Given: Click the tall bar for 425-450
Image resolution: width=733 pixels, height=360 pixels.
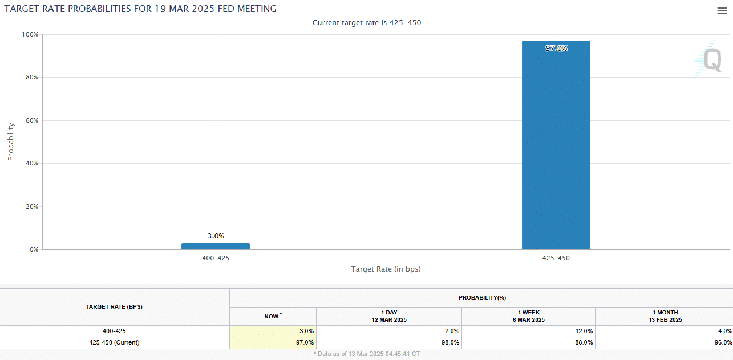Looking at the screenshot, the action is point(556,145).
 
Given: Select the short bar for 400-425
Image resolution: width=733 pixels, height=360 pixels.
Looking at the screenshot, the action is point(216,246).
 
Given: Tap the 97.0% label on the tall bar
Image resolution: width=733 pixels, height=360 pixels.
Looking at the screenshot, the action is point(556,48).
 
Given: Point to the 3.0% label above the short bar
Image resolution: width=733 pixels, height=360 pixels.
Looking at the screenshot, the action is point(216,236).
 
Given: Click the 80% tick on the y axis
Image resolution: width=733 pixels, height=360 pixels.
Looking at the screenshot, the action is point(32,77).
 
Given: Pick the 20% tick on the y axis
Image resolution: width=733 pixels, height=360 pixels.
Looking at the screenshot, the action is point(32,207).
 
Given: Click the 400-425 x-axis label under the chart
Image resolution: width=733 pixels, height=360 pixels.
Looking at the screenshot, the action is point(216,258).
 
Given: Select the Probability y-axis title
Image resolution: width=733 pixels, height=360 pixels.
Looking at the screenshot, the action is point(11,141).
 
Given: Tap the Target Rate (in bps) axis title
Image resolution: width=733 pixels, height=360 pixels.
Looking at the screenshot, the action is point(386,269).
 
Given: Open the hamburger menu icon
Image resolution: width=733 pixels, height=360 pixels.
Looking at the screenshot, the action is point(722,10).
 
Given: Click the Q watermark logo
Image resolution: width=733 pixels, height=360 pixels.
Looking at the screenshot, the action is point(709,59).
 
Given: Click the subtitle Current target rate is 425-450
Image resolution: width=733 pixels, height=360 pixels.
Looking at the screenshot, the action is point(367,23).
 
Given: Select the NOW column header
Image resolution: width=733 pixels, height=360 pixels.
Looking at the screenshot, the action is point(273,316).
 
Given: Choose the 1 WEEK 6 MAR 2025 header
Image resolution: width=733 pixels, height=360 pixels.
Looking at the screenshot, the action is point(528,316).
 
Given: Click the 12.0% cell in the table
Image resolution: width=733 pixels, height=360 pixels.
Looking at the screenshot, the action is point(584,331).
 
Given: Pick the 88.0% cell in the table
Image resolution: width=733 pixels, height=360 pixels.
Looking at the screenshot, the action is point(584,343).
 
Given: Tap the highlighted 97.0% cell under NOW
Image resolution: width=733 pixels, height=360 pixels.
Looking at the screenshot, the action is point(305,343).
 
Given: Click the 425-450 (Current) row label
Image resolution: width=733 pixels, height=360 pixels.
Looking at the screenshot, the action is point(114,343).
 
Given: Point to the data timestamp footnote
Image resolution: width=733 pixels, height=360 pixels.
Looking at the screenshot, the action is point(366,354).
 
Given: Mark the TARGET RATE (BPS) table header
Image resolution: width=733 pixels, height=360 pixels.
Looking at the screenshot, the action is point(114,306).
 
